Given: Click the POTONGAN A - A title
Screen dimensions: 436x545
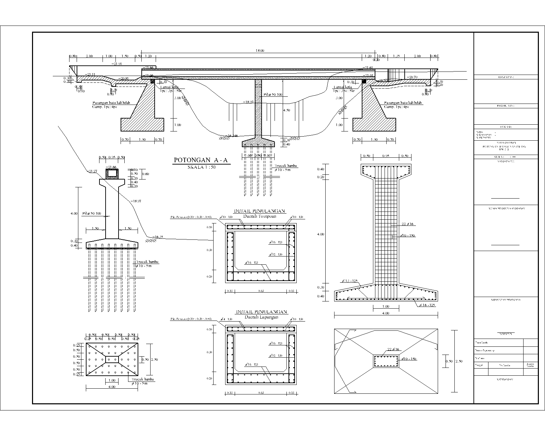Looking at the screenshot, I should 201,160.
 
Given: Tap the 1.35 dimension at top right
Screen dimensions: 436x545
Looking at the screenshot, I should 396,56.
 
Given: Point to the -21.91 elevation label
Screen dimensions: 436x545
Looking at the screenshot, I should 116,64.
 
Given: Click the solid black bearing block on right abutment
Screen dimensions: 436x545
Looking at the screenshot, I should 364,81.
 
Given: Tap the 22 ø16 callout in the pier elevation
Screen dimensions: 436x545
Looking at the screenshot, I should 407,224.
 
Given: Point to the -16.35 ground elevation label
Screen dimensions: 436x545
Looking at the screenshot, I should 158,237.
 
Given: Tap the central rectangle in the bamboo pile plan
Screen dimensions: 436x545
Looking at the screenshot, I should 112,359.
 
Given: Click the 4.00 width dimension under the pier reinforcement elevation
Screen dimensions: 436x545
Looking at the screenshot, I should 386,313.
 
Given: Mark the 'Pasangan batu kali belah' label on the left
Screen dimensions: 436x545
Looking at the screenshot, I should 111,103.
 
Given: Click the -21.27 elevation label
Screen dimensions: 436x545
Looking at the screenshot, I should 92,171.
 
